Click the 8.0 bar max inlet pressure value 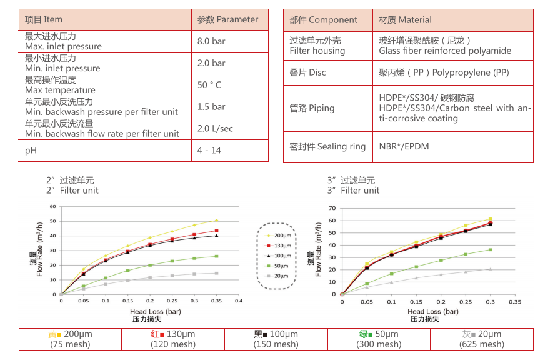pyautogui.click(x=211, y=41)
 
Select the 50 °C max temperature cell pyautogui.click(x=209, y=85)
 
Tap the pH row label pyautogui.click(x=31, y=151)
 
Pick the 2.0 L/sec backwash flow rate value pyautogui.click(x=215, y=129)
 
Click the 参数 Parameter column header pyautogui.click(x=227, y=19)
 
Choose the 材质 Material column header pyautogui.click(x=405, y=19)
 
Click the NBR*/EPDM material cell pyautogui.click(x=404, y=146)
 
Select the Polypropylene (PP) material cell pyautogui.click(x=444, y=72)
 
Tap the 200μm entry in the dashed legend pyautogui.click(x=278, y=236)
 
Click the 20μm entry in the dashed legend pyautogui.click(x=278, y=276)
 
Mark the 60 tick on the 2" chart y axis pyautogui.click(x=53, y=206)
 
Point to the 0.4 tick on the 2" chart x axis pyautogui.click(x=238, y=301)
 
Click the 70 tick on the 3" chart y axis pyautogui.click(x=332, y=209)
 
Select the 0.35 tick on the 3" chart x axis pyautogui.click(x=514, y=301)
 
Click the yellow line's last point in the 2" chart pyautogui.click(x=216, y=220)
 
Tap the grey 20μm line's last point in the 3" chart pyautogui.click(x=490, y=269)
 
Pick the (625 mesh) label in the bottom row pyautogui.click(x=481, y=344)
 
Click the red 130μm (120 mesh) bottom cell pyautogui.click(x=173, y=339)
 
